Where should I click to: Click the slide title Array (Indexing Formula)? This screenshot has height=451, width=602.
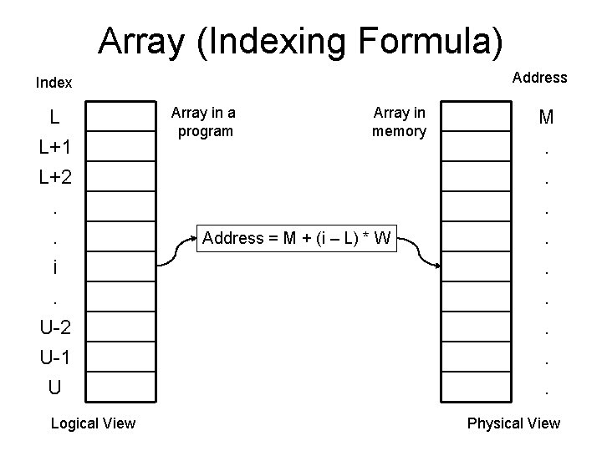pos(301,39)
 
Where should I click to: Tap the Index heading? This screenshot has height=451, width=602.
pos(54,83)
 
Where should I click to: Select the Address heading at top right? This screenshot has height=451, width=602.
pos(539,78)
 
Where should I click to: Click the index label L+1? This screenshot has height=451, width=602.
pos(54,147)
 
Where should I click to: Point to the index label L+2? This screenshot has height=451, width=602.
pos(54,177)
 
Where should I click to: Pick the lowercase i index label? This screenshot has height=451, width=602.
pos(54,267)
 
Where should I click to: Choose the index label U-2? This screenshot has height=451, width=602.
pos(54,327)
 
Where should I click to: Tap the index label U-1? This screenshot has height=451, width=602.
pos(54,357)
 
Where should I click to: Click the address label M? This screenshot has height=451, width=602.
pos(546,118)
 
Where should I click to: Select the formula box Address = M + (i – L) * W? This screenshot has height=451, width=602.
pos(297,239)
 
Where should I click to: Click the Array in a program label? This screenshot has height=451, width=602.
pos(203,122)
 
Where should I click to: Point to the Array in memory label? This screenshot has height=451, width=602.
pos(400,122)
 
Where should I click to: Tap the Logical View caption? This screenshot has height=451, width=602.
pos(93,423)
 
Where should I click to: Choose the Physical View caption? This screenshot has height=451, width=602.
pos(513,423)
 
